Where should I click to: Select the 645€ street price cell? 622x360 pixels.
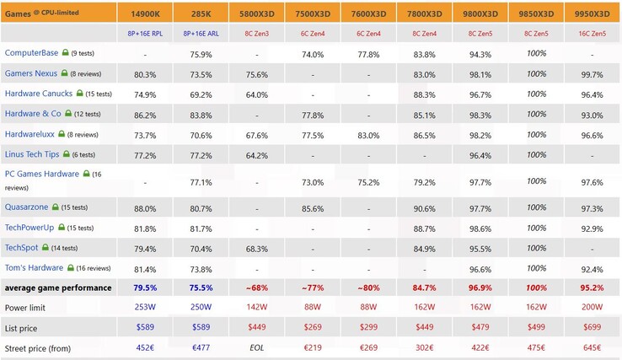(592, 347)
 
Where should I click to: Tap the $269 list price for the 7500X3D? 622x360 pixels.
(312, 328)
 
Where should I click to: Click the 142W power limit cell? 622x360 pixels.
(256, 308)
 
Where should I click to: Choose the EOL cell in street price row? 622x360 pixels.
(256, 347)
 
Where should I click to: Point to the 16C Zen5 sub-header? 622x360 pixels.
(592, 34)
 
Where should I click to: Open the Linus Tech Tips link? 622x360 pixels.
(37, 154)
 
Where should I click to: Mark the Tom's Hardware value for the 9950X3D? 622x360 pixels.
(592, 269)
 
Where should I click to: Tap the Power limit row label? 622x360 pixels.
(29, 308)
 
